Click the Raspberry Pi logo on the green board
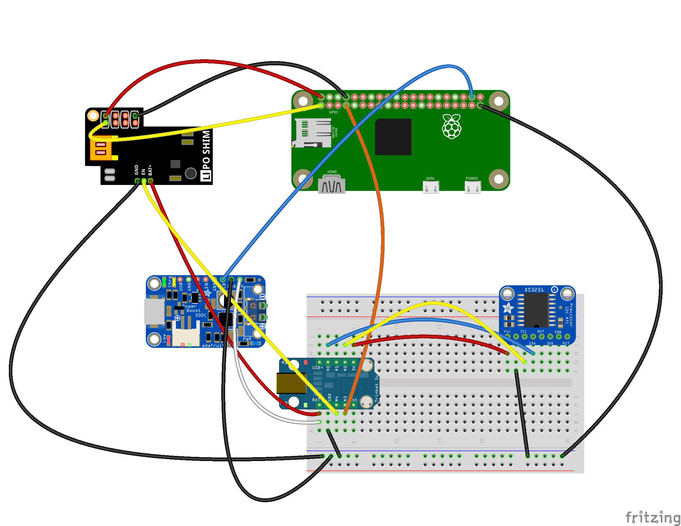(x=451, y=127)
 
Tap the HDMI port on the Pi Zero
(x=332, y=185)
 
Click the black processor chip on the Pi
(x=393, y=137)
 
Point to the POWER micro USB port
(x=472, y=187)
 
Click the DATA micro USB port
(x=431, y=187)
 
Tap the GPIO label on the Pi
(x=333, y=112)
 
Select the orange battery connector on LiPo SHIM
(x=101, y=148)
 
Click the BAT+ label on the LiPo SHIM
(x=150, y=170)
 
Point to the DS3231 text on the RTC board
(x=534, y=290)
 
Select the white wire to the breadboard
(x=254, y=403)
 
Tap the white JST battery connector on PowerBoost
(x=186, y=336)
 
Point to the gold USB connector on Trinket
(x=291, y=383)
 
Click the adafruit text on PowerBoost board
(x=212, y=346)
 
